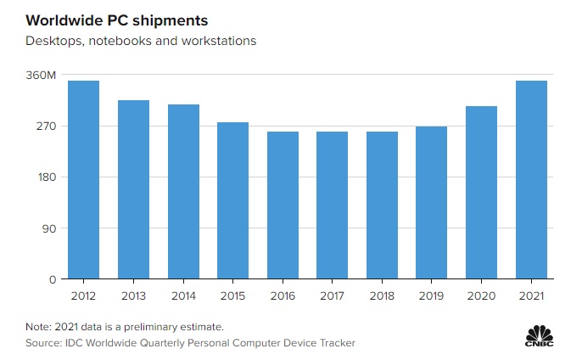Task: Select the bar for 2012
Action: click(x=83, y=180)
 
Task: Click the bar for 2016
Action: click(x=283, y=205)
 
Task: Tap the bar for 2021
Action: click(x=531, y=180)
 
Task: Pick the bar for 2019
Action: click(x=432, y=203)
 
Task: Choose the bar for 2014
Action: click(x=183, y=192)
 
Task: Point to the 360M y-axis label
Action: click(x=42, y=76)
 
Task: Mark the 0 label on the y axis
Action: click(x=52, y=279)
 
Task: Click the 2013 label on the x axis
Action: click(x=133, y=295)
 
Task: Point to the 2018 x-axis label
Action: click(x=382, y=295)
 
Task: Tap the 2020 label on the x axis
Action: click(x=482, y=295)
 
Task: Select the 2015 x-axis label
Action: click(x=232, y=295)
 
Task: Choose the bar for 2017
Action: click(x=332, y=205)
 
